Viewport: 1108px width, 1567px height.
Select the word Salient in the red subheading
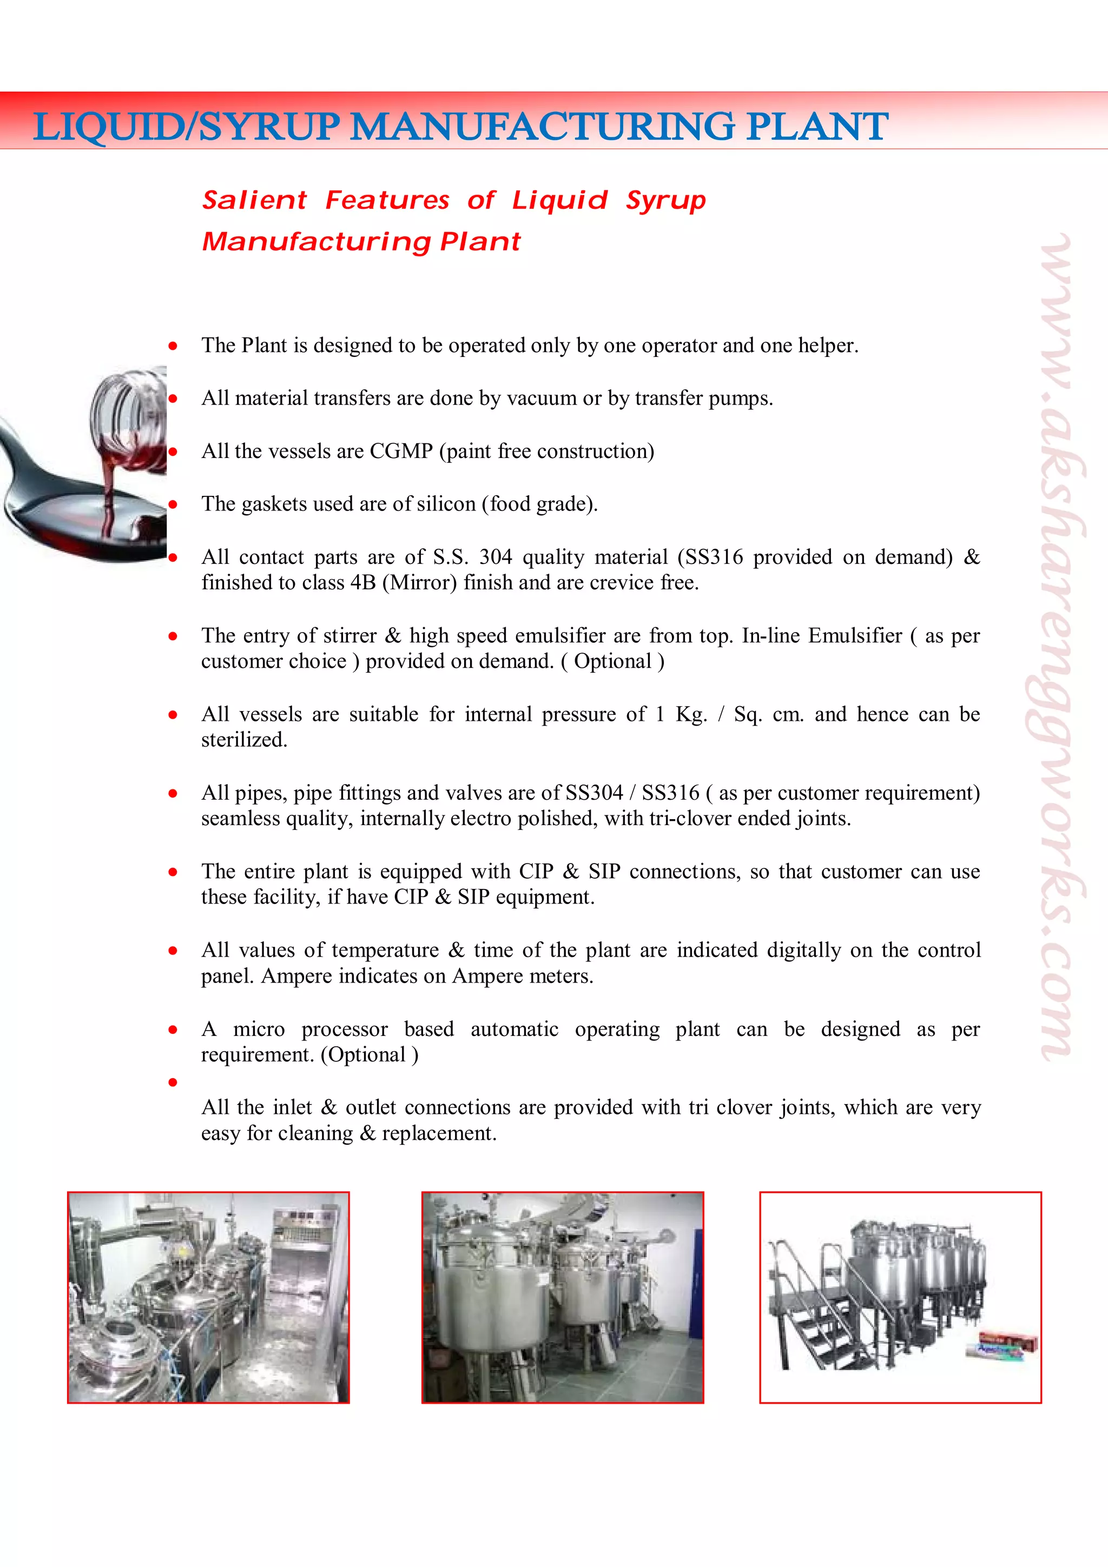point(254,200)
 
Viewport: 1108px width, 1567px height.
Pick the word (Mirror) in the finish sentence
point(419,583)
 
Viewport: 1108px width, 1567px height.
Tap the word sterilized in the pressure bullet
point(243,740)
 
